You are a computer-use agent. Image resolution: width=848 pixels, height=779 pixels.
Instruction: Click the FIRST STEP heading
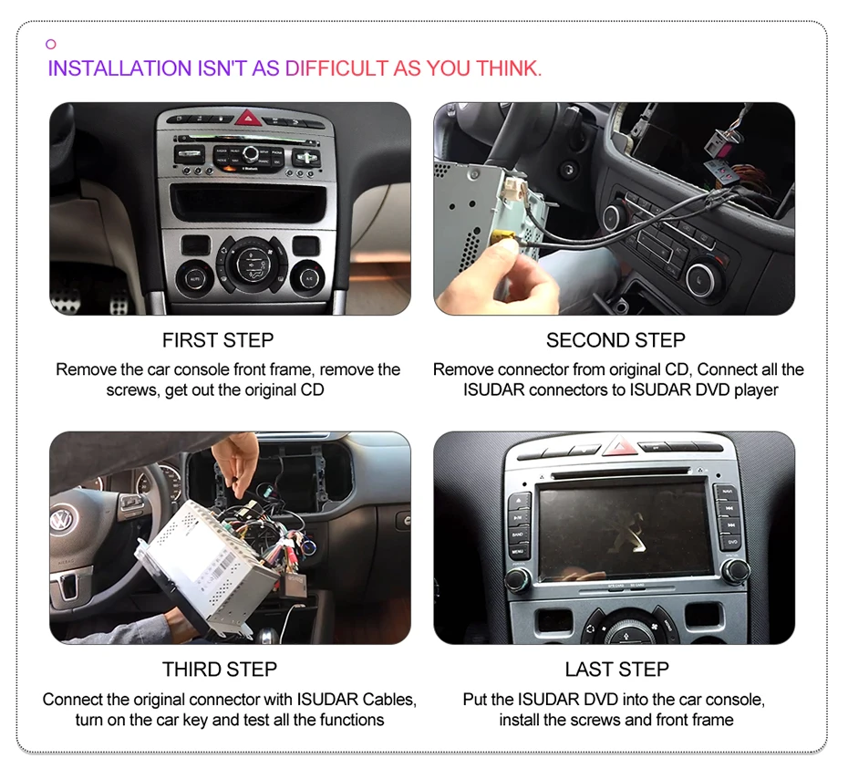point(218,340)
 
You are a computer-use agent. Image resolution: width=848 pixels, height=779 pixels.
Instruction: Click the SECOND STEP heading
point(615,340)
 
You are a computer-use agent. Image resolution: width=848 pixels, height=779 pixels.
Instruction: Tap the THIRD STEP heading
point(219,670)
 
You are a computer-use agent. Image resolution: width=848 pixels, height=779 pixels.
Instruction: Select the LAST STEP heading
point(616,670)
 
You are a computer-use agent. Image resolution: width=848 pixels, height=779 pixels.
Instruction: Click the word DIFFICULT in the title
point(337,68)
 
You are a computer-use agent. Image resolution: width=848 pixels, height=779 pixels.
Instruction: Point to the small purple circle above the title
point(51,44)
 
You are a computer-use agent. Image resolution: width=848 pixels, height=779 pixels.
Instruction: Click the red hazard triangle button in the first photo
point(248,118)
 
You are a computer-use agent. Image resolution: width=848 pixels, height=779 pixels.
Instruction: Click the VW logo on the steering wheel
point(61,522)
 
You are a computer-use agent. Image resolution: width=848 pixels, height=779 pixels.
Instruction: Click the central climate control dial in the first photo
point(250,264)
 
